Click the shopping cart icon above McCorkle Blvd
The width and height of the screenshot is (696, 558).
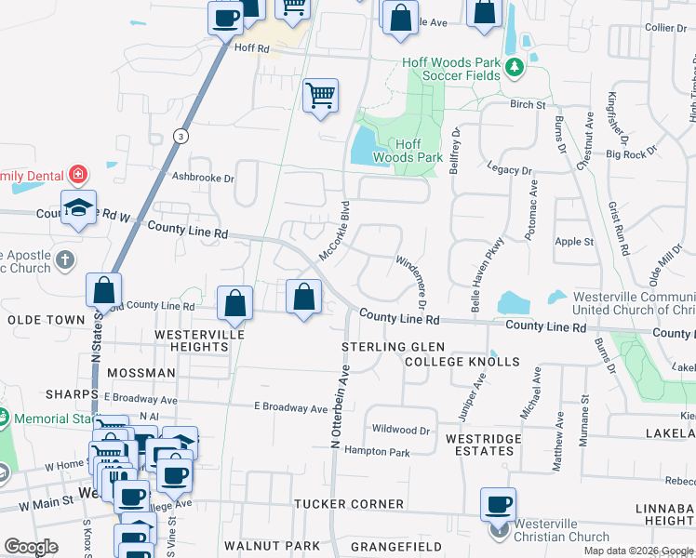coord(320,95)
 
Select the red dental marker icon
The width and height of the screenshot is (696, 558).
coord(78,174)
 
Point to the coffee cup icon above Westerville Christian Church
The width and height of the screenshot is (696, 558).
coord(498,504)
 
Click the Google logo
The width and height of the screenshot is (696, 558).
coord(32,546)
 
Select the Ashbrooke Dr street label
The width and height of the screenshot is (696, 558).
coord(202,176)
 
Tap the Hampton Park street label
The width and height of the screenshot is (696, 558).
coord(377,452)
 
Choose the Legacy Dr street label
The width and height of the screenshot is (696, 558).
coord(509,170)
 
